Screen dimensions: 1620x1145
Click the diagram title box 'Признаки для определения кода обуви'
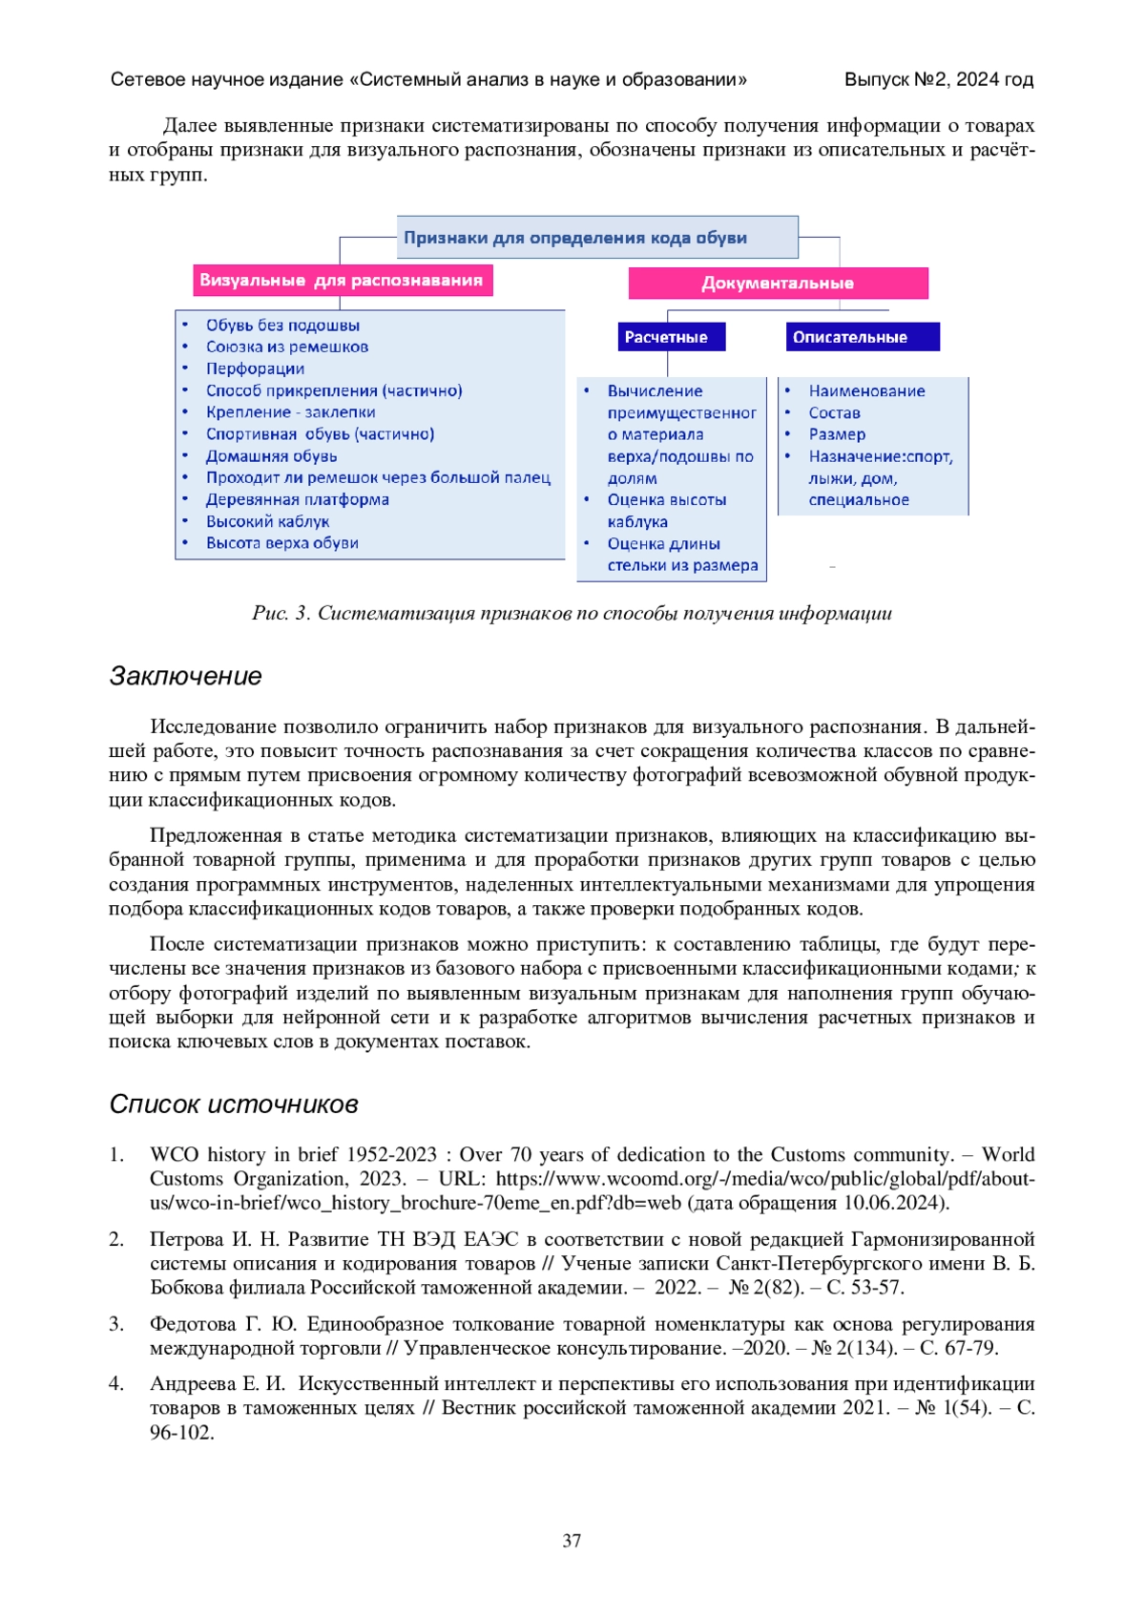click(596, 238)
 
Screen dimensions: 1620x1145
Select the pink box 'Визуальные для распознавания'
click(342, 281)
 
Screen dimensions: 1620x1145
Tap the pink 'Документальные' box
click(778, 284)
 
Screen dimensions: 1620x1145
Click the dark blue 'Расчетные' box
click(666, 337)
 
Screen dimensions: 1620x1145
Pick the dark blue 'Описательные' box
click(849, 337)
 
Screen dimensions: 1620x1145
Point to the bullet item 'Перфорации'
click(255, 368)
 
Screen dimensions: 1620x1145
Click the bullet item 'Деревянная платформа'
click(297, 499)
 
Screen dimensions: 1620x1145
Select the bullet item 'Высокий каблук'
click(267, 521)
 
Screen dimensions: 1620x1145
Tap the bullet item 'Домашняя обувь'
click(271, 456)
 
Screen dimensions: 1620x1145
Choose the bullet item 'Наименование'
click(866, 390)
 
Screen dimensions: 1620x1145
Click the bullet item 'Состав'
click(834, 412)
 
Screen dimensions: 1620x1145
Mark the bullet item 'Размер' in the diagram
click(837, 434)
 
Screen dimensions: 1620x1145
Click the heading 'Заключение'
click(186, 676)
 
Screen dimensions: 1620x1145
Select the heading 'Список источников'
click(234, 1105)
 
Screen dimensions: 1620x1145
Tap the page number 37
click(572, 1541)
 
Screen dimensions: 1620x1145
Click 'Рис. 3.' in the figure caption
click(281, 613)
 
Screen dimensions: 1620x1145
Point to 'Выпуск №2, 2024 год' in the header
click(938, 80)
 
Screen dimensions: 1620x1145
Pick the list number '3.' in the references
click(116, 1324)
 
